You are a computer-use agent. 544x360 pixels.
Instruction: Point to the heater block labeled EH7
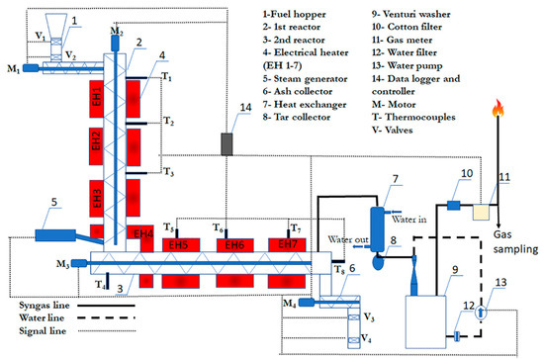coord(287,244)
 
